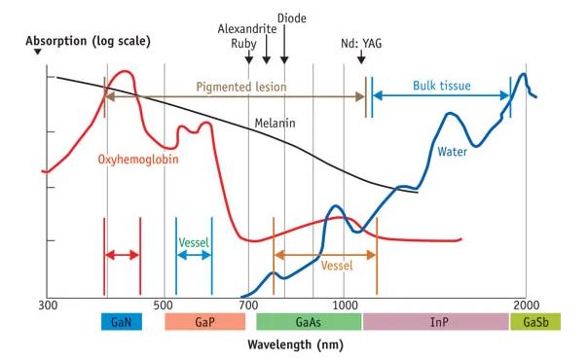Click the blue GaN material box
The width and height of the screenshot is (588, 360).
point(122,322)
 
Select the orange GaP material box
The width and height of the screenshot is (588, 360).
point(204,322)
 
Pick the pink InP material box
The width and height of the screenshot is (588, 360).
point(435,322)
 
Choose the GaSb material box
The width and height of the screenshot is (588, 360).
point(534,322)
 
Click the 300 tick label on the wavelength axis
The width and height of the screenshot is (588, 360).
point(47,306)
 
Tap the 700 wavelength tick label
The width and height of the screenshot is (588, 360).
point(249,306)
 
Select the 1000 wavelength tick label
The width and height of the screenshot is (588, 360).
point(344,306)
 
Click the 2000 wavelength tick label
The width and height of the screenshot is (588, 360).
point(527,306)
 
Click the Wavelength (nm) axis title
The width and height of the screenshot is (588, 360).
point(294,344)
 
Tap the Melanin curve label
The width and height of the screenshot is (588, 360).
point(275,124)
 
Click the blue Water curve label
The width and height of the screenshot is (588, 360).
point(453,151)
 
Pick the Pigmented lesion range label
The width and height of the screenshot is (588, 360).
point(241,87)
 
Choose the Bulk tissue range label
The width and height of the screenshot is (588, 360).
point(440,86)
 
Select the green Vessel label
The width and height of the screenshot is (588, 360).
point(194,242)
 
